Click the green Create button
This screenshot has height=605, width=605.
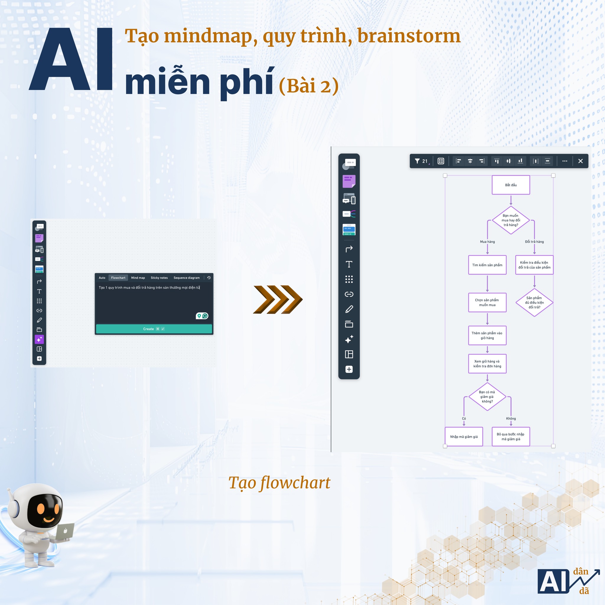pos(154,329)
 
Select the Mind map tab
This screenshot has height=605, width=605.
pos(138,278)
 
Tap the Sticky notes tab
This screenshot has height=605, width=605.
pos(159,278)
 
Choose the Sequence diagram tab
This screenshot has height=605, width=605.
pos(186,278)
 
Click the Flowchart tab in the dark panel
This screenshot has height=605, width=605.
pos(118,278)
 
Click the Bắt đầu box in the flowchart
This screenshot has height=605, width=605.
pos(511,185)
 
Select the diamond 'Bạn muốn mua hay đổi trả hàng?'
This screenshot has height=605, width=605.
pos(511,220)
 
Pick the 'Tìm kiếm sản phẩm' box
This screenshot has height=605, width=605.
pos(487,265)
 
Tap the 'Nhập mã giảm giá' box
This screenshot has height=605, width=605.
pos(464,437)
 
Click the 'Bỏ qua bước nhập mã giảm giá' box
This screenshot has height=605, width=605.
pos(511,437)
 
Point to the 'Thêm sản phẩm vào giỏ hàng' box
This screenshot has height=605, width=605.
pos(487,335)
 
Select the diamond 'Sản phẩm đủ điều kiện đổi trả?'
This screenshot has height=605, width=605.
pos(534,302)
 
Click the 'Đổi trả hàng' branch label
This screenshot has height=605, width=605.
pos(534,242)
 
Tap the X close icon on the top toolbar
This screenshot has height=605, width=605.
pos(580,161)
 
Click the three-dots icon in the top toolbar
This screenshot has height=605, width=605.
pos(565,161)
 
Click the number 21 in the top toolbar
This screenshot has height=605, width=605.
pos(425,161)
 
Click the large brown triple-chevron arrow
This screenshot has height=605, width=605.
pos(277,299)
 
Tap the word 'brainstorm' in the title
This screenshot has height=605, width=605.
pos(409,36)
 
